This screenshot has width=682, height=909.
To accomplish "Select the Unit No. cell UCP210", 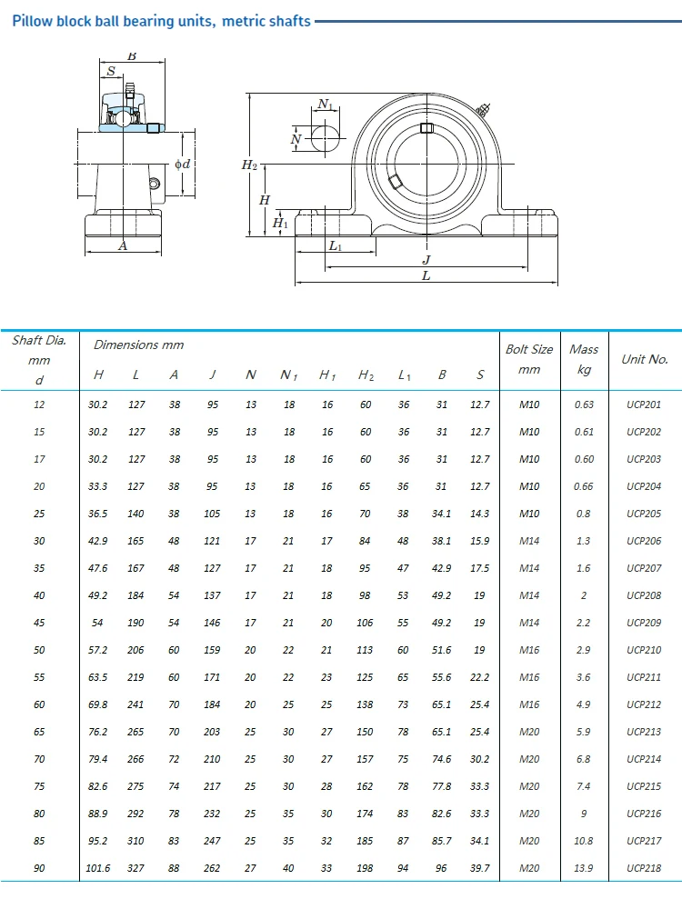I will (644, 651).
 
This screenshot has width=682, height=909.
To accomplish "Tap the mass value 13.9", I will (584, 869).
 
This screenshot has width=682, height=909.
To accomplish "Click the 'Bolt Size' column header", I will (529, 349).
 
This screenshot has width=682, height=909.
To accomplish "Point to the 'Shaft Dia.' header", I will (39, 341).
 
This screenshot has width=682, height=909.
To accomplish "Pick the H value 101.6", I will (98, 869).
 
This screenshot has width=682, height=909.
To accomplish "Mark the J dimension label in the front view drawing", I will (426, 259).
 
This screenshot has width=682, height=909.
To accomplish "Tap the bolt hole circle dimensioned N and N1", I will (325, 138).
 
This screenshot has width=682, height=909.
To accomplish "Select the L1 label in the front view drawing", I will (335, 246).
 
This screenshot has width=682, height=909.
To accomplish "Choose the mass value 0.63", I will (584, 405).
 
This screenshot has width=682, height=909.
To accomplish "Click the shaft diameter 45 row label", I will (39, 624).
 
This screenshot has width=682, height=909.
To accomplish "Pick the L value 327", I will (136, 869).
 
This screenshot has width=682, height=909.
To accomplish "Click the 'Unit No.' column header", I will (644, 359).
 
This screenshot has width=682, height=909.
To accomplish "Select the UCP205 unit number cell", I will (644, 514).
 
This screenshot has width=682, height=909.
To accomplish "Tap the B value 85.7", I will (442, 842).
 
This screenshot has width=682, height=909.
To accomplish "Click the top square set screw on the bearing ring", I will (426, 128).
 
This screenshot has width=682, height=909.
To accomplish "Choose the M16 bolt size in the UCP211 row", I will (529, 678).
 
